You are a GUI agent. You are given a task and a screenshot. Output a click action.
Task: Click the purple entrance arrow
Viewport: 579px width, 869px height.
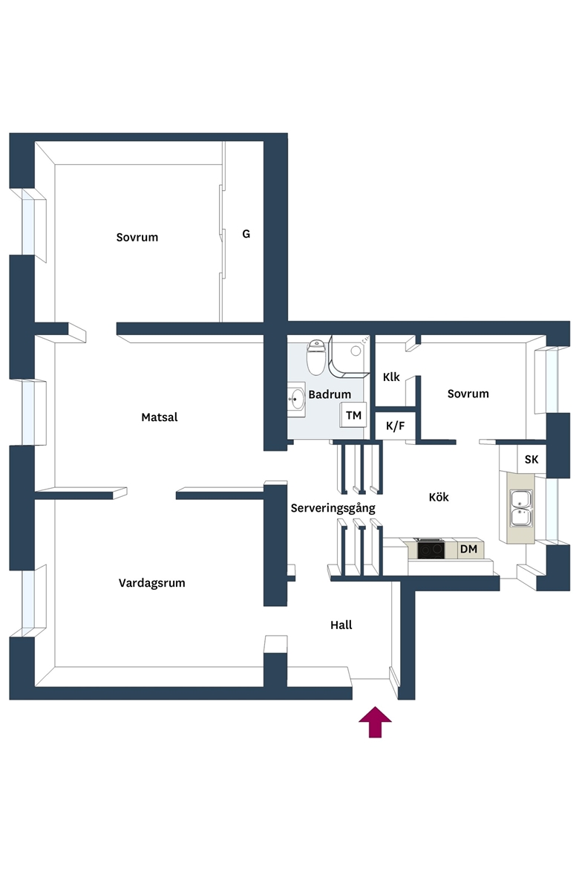pyautogui.click(x=375, y=722)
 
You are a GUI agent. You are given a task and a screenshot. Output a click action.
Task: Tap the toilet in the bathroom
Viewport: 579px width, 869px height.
pyautogui.click(x=315, y=357)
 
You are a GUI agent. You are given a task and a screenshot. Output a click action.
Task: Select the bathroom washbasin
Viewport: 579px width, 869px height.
pyautogui.click(x=296, y=398)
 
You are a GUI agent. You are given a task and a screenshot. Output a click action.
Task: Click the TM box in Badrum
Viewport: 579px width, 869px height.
pyautogui.click(x=353, y=415)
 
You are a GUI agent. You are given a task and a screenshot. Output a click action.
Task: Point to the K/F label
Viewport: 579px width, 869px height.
pyautogui.click(x=395, y=426)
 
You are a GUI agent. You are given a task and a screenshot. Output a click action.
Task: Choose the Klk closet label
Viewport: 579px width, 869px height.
pyautogui.click(x=391, y=377)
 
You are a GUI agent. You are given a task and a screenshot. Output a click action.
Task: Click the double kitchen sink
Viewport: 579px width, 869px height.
pyautogui.click(x=521, y=508)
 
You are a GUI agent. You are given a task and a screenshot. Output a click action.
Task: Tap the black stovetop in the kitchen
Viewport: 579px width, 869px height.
pyautogui.click(x=431, y=549)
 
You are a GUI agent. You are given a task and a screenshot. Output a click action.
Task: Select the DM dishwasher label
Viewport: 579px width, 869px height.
pyautogui.click(x=468, y=549)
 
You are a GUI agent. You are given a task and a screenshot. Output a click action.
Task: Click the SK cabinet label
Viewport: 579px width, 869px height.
pyautogui.click(x=531, y=460)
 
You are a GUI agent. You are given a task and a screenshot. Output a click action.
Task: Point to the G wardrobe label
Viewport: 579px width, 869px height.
pyautogui.click(x=246, y=234)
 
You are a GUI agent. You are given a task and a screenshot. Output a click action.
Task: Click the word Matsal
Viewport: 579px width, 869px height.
pyautogui.click(x=160, y=417)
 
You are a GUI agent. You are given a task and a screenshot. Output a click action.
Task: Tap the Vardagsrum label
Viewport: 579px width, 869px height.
pyautogui.click(x=152, y=583)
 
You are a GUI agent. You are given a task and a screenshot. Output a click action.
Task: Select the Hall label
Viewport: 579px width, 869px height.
pyautogui.click(x=341, y=625)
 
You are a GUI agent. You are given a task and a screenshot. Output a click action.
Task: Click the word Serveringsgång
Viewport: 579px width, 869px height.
pyautogui.click(x=333, y=508)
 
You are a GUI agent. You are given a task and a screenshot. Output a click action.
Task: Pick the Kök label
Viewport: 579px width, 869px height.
pyautogui.click(x=439, y=497)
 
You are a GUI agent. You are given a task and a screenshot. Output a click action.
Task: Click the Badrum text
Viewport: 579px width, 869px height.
pyautogui.click(x=330, y=394)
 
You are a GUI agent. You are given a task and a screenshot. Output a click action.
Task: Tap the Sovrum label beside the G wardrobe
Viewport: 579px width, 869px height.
pyautogui.click(x=137, y=237)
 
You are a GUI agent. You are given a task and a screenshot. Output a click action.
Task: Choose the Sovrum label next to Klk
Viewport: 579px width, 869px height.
pyautogui.click(x=468, y=394)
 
